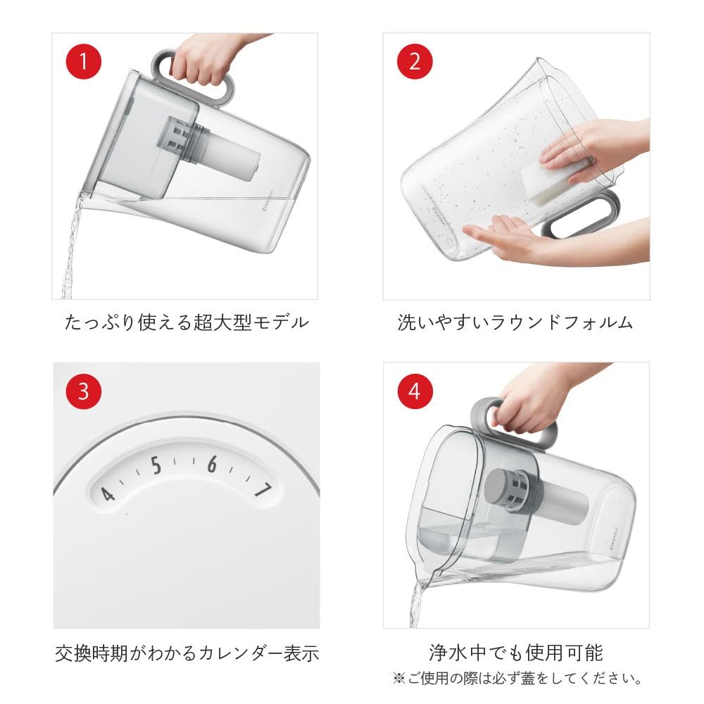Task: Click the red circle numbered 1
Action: pyautogui.click(x=84, y=61)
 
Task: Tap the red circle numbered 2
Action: pyautogui.click(x=415, y=61)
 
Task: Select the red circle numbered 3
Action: pyautogui.click(x=84, y=391)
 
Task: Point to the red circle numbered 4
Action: pyautogui.click(x=415, y=391)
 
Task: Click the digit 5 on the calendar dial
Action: pyautogui.click(x=156, y=465)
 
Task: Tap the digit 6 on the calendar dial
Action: pyautogui.click(x=212, y=464)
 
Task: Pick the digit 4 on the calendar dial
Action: pyautogui.click(x=107, y=494)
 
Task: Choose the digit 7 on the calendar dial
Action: pyautogui.click(x=264, y=489)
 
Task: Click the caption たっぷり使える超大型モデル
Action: pyautogui.click(x=187, y=322)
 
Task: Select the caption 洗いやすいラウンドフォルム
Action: pyautogui.click(x=515, y=322)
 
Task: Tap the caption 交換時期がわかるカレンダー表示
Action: pyautogui.click(x=187, y=653)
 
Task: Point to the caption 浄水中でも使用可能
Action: pyautogui.click(x=516, y=653)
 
